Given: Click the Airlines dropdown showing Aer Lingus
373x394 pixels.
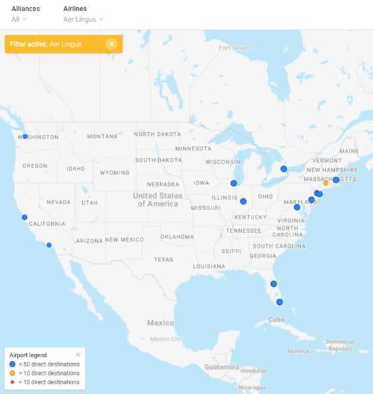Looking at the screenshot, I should (x=83, y=19).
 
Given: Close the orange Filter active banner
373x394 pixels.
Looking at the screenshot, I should (x=112, y=44).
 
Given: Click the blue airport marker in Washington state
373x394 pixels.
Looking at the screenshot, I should (x=25, y=137).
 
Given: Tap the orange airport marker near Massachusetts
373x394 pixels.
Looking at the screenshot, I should (x=326, y=183).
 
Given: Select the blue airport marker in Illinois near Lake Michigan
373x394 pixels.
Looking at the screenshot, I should (x=234, y=183).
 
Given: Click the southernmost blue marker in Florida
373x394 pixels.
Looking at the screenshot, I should (x=279, y=302).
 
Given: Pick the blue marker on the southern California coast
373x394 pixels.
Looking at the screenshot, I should (x=49, y=245).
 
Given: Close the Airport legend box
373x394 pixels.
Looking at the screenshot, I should (x=78, y=355).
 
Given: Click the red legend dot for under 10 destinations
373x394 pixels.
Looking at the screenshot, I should (x=12, y=382).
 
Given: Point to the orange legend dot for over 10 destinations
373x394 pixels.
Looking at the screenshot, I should (x=12, y=372).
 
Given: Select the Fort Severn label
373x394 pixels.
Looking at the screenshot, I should (x=236, y=48).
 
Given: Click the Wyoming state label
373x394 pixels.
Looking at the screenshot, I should (x=115, y=173).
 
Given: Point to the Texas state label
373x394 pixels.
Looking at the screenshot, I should (x=164, y=259).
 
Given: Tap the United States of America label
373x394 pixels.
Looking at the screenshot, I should (x=158, y=200).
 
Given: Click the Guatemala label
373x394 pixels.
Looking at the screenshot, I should (x=222, y=366).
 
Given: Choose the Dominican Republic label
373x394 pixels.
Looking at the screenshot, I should (x=340, y=345).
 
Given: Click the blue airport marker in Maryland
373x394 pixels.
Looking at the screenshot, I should (x=297, y=207).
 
